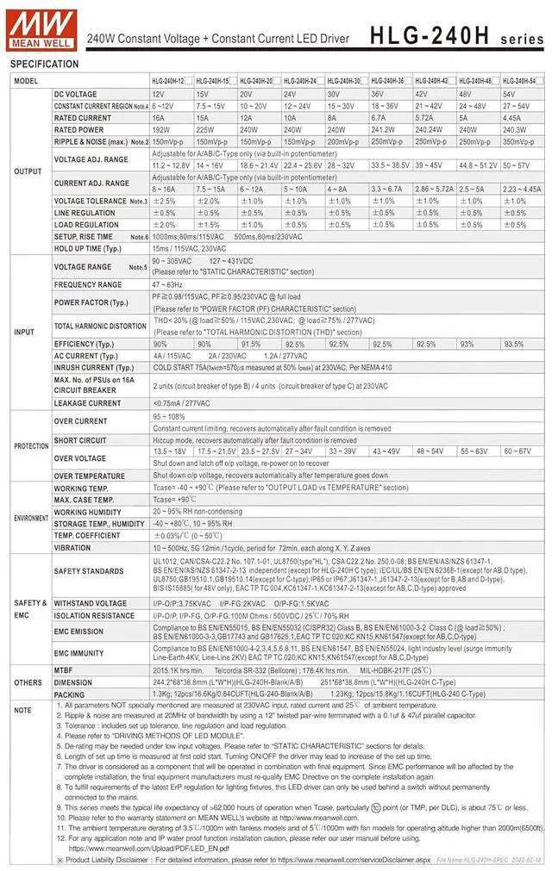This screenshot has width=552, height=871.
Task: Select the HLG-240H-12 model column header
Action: pyautogui.click(x=169, y=80)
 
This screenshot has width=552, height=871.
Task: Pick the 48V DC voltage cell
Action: pyautogui.click(x=475, y=93)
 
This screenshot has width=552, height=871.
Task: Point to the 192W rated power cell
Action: pyautogui.click(x=164, y=129)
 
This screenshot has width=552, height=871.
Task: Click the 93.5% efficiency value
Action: pyautogui.click(x=514, y=344)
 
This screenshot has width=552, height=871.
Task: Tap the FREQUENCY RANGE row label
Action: pyautogui.click(x=88, y=284)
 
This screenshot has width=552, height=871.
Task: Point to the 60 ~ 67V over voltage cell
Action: pyautogui.click(x=518, y=451)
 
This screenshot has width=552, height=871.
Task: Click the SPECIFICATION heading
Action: pyautogui.click(x=44, y=65)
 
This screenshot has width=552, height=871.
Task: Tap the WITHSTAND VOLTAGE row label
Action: pyautogui.click(x=91, y=603)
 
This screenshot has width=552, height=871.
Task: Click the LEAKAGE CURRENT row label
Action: pyautogui.click(x=88, y=402)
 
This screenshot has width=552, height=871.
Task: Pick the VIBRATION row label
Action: pyautogui.click(x=72, y=547)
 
